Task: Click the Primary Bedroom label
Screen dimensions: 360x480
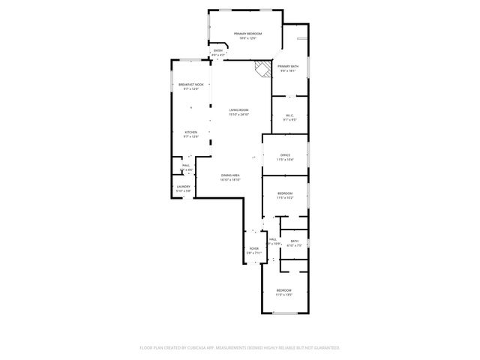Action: click(x=247, y=34)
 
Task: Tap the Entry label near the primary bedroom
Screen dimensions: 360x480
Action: click(x=217, y=51)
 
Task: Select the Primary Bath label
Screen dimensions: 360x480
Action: click(x=288, y=67)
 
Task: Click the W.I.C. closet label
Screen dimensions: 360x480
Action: click(x=289, y=115)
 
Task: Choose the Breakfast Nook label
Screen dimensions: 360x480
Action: click(x=190, y=85)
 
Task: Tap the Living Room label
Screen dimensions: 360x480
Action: click(x=238, y=110)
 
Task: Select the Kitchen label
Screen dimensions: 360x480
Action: click(x=191, y=132)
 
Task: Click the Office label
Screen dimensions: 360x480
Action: click(x=285, y=154)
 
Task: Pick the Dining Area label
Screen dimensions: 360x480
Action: click(x=229, y=175)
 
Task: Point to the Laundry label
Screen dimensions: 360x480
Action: click(x=183, y=186)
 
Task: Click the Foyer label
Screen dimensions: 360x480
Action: click(x=253, y=248)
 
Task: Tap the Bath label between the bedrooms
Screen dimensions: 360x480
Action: click(x=294, y=241)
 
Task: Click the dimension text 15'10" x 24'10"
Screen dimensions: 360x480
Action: click(x=238, y=115)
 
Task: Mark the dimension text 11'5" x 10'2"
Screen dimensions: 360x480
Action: click(x=284, y=198)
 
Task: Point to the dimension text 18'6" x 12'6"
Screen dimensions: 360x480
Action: click(x=247, y=38)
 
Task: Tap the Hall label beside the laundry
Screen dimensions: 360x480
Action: click(x=184, y=165)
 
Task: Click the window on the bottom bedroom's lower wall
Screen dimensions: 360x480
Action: click(x=284, y=312)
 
